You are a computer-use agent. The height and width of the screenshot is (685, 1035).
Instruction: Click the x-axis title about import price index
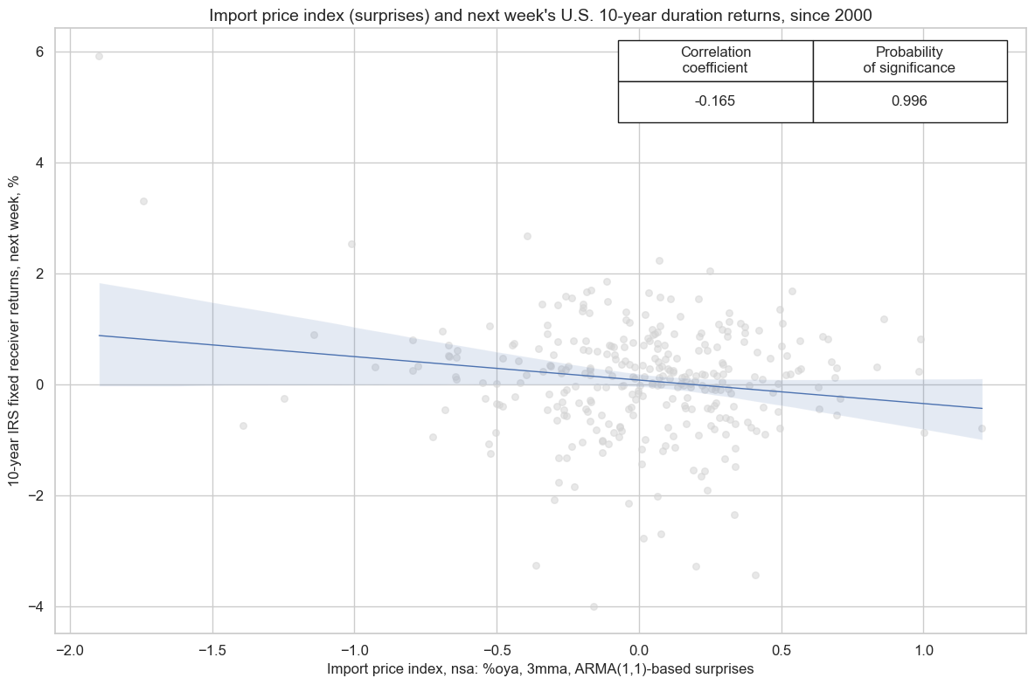click(x=540, y=668)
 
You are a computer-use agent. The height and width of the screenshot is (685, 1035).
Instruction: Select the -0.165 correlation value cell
click(x=715, y=101)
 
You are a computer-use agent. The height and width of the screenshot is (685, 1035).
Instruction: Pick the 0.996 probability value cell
click(x=909, y=101)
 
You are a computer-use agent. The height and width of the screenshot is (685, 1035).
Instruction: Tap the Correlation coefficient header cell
click(x=715, y=60)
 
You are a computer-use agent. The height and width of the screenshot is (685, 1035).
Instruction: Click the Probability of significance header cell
click(x=909, y=60)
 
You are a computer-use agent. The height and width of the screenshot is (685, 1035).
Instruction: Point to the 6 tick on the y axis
click(x=39, y=52)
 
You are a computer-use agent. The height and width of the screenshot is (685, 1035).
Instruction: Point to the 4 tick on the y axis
click(x=39, y=163)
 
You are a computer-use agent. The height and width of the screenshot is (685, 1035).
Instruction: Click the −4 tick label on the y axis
click(x=36, y=607)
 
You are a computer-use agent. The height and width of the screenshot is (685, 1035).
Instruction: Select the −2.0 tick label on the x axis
click(x=69, y=651)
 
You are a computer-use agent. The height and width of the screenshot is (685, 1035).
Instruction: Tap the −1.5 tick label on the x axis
click(x=212, y=651)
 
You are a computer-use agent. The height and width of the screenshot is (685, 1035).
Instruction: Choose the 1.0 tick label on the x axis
click(x=923, y=651)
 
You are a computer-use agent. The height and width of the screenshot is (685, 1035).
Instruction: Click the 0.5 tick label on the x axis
click(x=781, y=651)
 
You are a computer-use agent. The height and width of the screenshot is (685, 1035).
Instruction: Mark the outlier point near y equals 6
click(x=99, y=56)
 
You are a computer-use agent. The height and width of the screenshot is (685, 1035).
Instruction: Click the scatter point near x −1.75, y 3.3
click(x=143, y=201)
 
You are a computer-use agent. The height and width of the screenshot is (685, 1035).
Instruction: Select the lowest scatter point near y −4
click(x=594, y=606)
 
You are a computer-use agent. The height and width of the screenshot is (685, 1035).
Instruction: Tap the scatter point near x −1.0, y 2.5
click(x=351, y=244)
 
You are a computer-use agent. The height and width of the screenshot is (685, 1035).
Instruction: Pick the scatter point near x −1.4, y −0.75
click(x=243, y=426)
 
